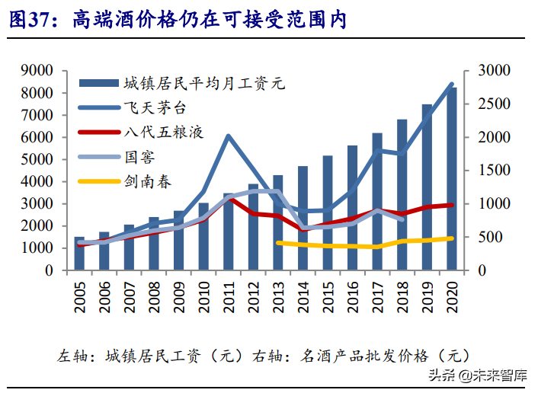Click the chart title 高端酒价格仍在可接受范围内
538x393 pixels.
(x=210, y=21)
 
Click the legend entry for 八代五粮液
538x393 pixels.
(x=163, y=133)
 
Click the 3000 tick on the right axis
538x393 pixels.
(x=495, y=71)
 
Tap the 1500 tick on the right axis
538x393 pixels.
(x=495, y=171)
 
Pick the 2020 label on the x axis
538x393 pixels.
(x=451, y=296)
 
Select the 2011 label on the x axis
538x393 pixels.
(x=229, y=296)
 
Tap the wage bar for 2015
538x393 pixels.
(x=328, y=213)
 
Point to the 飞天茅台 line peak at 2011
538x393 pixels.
(x=229, y=136)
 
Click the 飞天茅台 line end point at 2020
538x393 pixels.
(x=451, y=85)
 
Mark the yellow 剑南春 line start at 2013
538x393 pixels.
(x=278, y=242)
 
